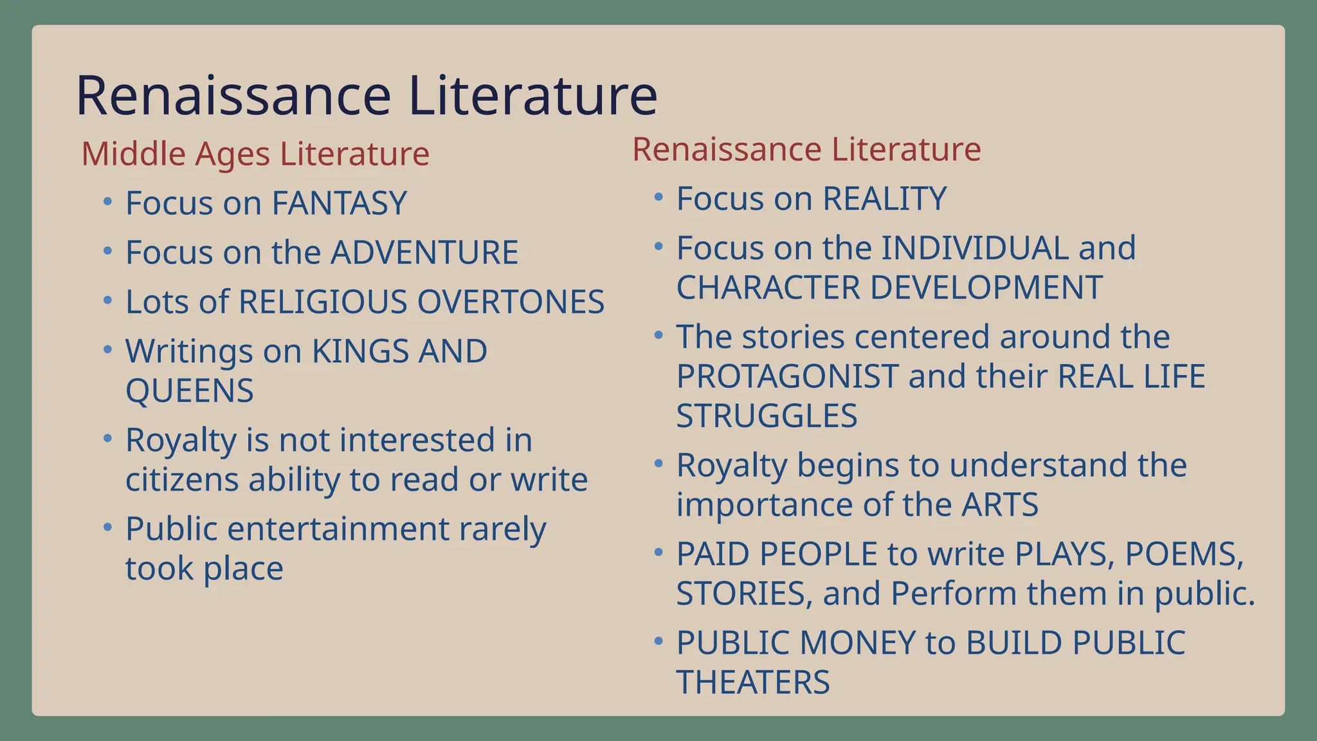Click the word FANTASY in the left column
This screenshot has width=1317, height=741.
coord(339,203)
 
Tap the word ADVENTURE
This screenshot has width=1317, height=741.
coord(424,252)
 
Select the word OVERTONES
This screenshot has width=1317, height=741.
coord(511,302)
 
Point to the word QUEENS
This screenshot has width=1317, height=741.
coord(190,390)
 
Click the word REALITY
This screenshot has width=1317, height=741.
coord(884,199)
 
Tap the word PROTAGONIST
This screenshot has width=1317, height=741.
coord(787,376)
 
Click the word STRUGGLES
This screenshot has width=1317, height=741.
coord(767,416)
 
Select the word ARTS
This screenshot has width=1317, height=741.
coord(999,504)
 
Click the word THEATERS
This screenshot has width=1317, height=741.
coord(753,682)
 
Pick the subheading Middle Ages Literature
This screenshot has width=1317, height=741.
coord(255,154)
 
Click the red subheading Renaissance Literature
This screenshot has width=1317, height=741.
coord(806,149)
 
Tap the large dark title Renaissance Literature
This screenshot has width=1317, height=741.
coord(367,95)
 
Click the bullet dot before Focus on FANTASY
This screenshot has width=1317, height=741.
coord(107,201)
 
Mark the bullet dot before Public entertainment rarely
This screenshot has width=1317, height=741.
coord(107,527)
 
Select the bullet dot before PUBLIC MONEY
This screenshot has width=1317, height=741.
coord(658,641)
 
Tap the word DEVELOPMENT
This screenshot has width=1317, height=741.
coord(986,288)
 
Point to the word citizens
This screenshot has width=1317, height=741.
coord(182,480)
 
